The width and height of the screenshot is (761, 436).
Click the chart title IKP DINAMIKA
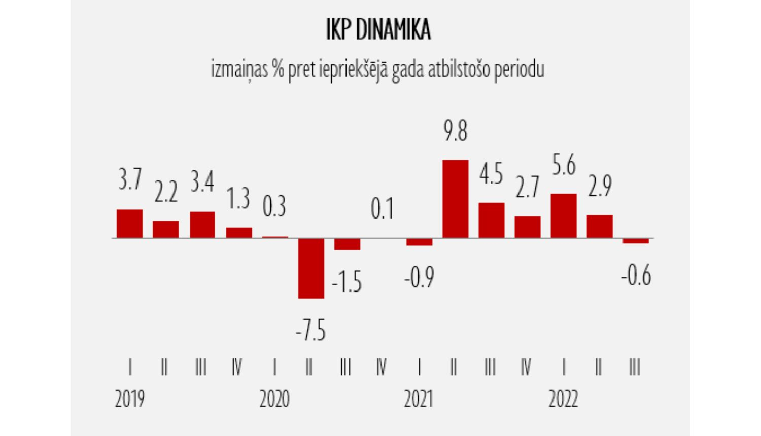point(378,30)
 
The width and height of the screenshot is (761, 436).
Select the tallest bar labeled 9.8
point(456,199)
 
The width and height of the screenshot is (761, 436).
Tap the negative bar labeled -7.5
point(310,268)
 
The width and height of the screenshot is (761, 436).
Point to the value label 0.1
point(382,209)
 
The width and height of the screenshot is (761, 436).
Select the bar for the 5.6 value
point(564,215)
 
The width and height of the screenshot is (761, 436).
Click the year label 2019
point(130,399)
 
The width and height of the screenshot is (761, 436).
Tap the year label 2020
point(274,399)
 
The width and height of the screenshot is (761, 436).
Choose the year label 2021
point(419,399)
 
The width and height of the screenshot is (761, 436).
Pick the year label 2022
point(563,399)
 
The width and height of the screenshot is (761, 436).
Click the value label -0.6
point(636,275)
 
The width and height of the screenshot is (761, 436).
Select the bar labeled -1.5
point(347,244)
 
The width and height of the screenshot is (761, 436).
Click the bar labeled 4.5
point(492,220)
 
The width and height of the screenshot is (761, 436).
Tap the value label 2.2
point(166,193)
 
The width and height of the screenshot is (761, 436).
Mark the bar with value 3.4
point(202,225)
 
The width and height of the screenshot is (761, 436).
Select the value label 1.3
point(238,198)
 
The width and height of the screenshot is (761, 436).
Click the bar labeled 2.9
point(600,226)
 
